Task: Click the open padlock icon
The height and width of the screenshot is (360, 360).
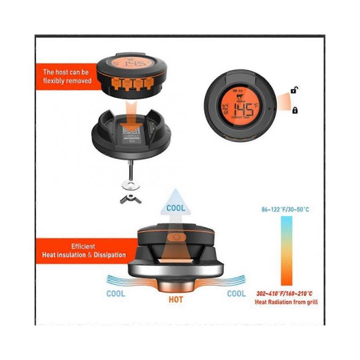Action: click(x=294, y=90)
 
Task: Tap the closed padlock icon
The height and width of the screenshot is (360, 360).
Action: click(x=295, y=110)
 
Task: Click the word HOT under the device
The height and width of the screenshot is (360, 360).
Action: click(x=175, y=299)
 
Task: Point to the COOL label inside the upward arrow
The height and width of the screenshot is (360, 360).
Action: click(x=175, y=208)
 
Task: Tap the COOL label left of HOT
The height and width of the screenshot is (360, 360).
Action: click(x=116, y=293)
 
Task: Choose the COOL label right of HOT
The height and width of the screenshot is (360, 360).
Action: click(x=236, y=293)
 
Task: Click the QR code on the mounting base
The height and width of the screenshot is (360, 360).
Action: click(x=130, y=131)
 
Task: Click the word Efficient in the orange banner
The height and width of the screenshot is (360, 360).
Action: click(x=83, y=247)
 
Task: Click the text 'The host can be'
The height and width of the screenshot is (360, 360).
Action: click(x=66, y=72)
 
